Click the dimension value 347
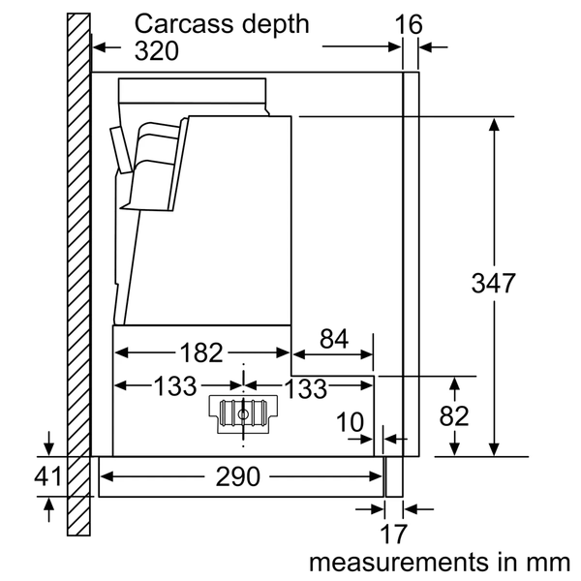pos(494,285)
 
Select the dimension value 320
pos(157,50)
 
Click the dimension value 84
pos(333,339)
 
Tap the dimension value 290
pos(239,476)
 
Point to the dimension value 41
pos(48,476)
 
